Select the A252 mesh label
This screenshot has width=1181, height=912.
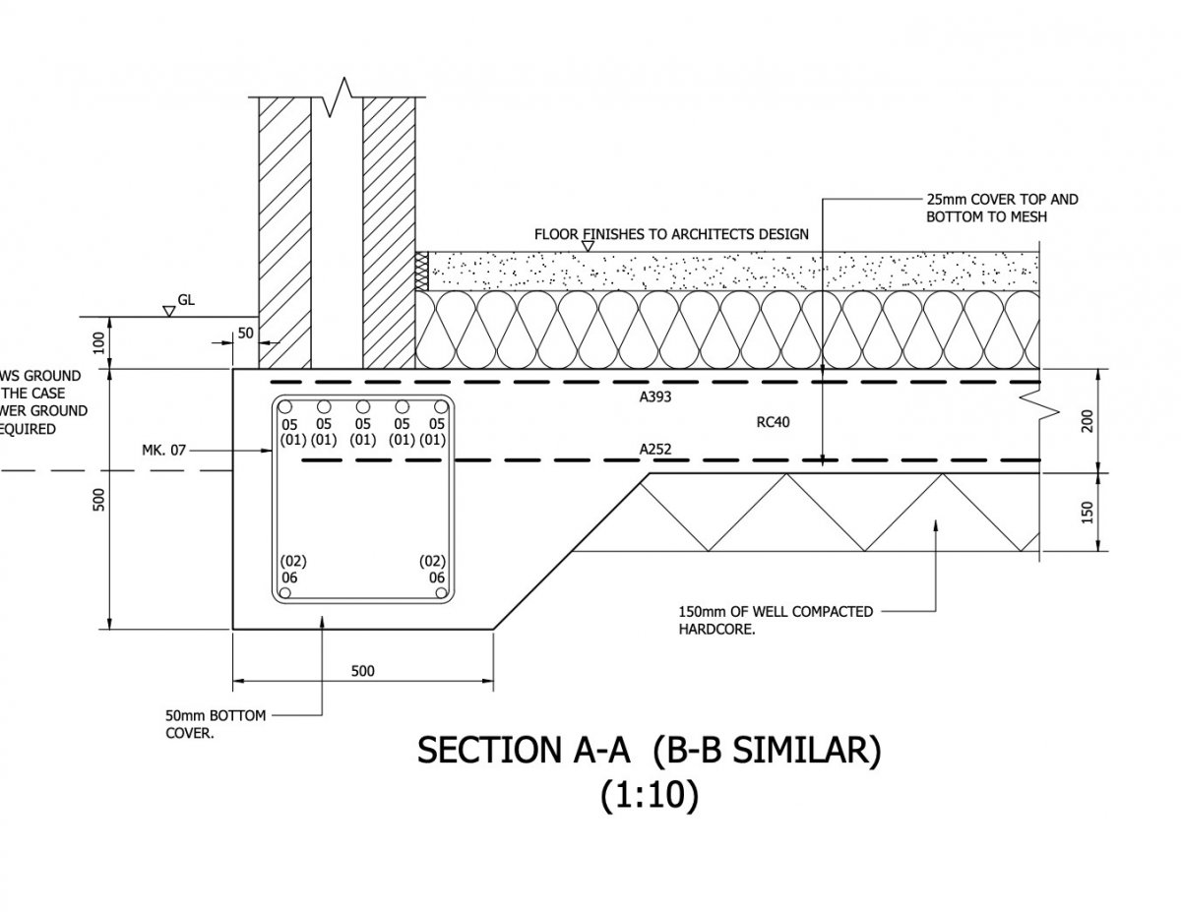tap(655, 450)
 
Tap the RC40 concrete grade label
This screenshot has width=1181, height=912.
tap(773, 422)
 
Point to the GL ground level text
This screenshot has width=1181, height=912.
tap(186, 299)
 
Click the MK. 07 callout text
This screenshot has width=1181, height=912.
tap(163, 451)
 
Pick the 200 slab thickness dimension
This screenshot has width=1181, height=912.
tap(1088, 421)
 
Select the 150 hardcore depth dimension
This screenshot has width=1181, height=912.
tap(1088, 512)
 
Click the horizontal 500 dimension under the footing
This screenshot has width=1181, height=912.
tap(362, 671)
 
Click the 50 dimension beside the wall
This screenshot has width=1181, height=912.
tap(245, 334)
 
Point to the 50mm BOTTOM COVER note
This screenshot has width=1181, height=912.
tap(202, 724)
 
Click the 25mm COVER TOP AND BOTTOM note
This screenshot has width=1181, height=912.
tap(1002, 207)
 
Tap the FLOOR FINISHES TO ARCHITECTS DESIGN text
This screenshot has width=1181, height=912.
tap(671, 234)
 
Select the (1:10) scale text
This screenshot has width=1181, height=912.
tap(650, 796)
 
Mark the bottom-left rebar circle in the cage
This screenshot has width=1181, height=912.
tap(284, 593)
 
